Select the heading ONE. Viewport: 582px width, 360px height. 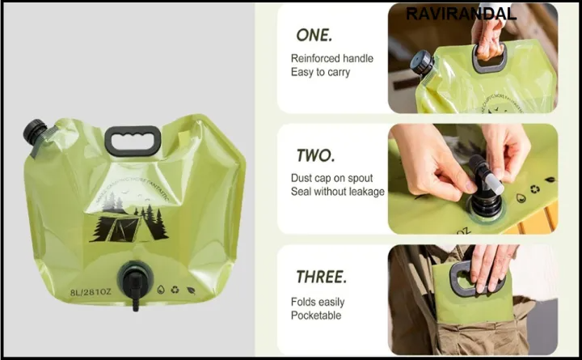point(314,35)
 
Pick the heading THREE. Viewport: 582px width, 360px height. point(321,277)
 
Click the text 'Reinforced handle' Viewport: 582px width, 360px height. point(331,58)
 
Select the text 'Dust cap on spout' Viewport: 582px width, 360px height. point(333,178)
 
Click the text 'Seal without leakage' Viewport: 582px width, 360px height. point(338,192)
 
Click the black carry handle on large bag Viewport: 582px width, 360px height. point(129,140)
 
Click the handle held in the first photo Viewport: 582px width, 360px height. point(491,57)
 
